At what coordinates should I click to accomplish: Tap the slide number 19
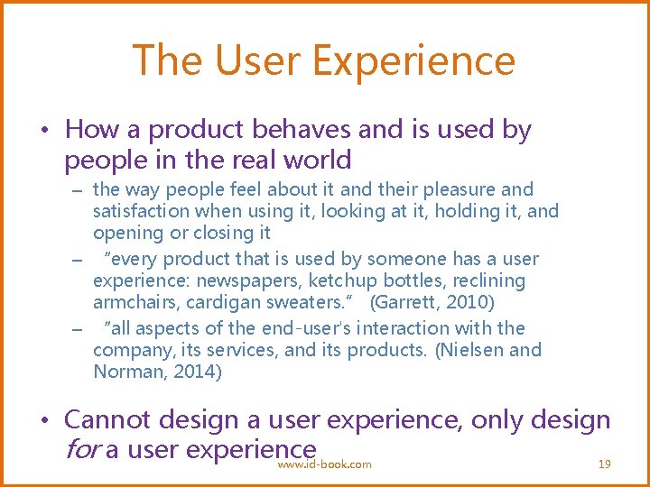coord(605,464)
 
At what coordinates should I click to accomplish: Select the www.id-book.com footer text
coord(325,464)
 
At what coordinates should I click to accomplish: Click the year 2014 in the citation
coord(200,371)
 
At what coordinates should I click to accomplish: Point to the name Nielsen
coord(473,349)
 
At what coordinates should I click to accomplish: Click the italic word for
coord(82,448)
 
